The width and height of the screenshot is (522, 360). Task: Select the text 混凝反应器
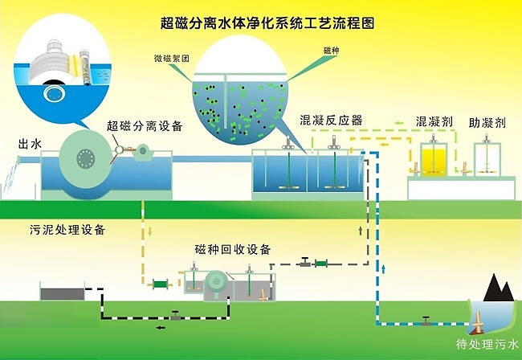tap(331, 121)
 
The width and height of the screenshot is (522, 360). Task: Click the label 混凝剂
tap(434, 123)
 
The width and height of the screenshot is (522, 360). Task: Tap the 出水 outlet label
tap(31, 144)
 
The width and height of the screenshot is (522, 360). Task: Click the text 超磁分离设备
tap(145, 125)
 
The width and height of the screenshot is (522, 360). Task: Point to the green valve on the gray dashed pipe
tap(321, 263)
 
